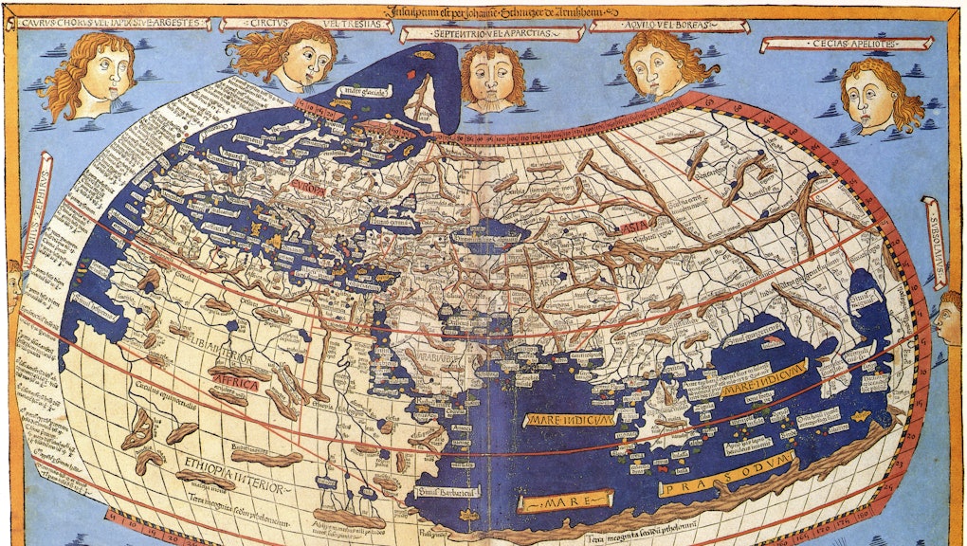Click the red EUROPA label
tap(308, 188)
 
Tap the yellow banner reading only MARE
tap(566, 500)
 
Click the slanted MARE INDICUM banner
tap(763, 377)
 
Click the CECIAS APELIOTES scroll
tap(847, 44)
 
